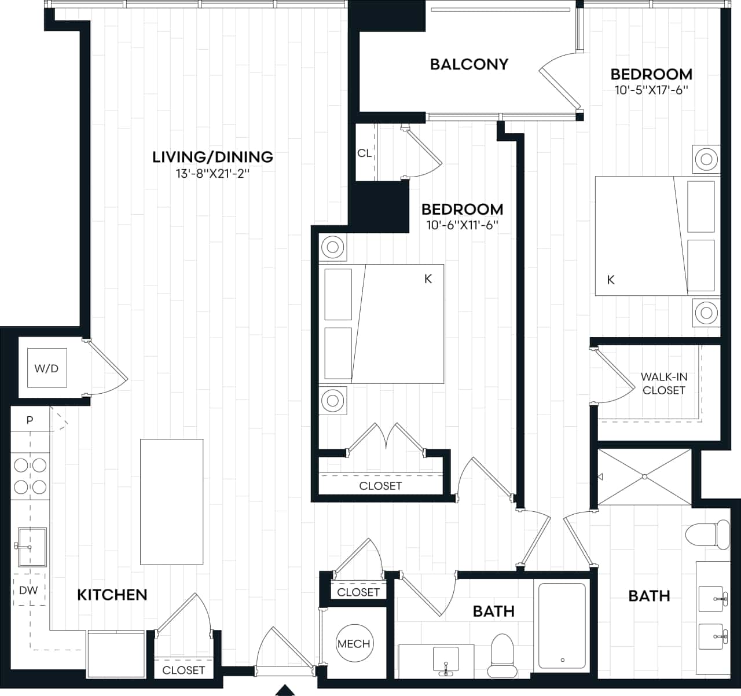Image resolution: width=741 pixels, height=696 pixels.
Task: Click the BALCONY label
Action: click(x=469, y=64)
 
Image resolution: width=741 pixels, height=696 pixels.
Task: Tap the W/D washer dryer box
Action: click(x=47, y=368)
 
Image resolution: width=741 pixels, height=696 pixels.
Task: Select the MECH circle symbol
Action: click(x=354, y=644)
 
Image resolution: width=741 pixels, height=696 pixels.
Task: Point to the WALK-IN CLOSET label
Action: click(x=663, y=383)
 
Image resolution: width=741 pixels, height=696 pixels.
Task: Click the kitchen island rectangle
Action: click(x=171, y=501)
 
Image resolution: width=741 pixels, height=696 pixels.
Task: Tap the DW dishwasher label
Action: click(x=28, y=590)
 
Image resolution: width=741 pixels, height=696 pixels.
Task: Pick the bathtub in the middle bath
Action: click(x=562, y=625)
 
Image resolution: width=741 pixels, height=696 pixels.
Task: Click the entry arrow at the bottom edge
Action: click(x=284, y=690)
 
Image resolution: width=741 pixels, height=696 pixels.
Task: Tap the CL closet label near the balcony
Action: click(x=364, y=153)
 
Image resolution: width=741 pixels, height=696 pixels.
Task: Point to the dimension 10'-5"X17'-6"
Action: click(x=651, y=90)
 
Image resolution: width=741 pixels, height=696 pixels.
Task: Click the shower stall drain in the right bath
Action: click(x=644, y=477)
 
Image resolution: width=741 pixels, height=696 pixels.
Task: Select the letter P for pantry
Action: click(x=30, y=420)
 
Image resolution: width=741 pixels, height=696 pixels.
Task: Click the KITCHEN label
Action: click(x=112, y=595)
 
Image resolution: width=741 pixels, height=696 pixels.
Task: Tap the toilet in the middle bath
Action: click(x=501, y=656)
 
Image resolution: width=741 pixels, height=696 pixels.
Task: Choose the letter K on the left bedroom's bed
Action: click(x=428, y=279)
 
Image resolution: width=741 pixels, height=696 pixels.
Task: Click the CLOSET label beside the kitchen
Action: click(x=184, y=670)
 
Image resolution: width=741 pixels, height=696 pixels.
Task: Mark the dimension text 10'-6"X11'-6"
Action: click(x=462, y=225)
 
